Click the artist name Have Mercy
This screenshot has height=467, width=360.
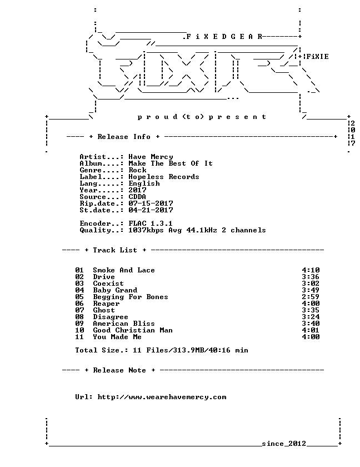(x=151, y=157)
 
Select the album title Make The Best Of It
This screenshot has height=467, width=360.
(x=171, y=163)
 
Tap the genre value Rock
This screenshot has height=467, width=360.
(x=137, y=170)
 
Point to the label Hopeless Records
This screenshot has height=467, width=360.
(x=164, y=177)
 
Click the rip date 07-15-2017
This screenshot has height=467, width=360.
(x=151, y=203)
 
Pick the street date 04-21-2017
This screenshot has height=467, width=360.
(x=151, y=210)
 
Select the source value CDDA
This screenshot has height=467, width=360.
(x=137, y=197)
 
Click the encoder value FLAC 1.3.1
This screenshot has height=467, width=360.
(x=151, y=223)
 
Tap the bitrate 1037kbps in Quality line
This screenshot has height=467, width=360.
(x=146, y=230)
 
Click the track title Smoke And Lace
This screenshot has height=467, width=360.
(x=124, y=270)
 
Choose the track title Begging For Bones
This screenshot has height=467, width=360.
(x=131, y=297)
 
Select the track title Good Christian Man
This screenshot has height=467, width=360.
(x=133, y=330)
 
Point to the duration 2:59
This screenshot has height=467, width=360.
(x=311, y=297)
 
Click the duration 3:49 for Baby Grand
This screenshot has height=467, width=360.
(x=311, y=290)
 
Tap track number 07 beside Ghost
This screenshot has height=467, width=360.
(x=79, y=310)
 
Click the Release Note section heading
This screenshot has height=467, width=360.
(x=119, y=370)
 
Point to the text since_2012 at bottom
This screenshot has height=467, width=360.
(x=284, y=444)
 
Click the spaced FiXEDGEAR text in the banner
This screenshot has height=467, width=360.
(x=224, y=37)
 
